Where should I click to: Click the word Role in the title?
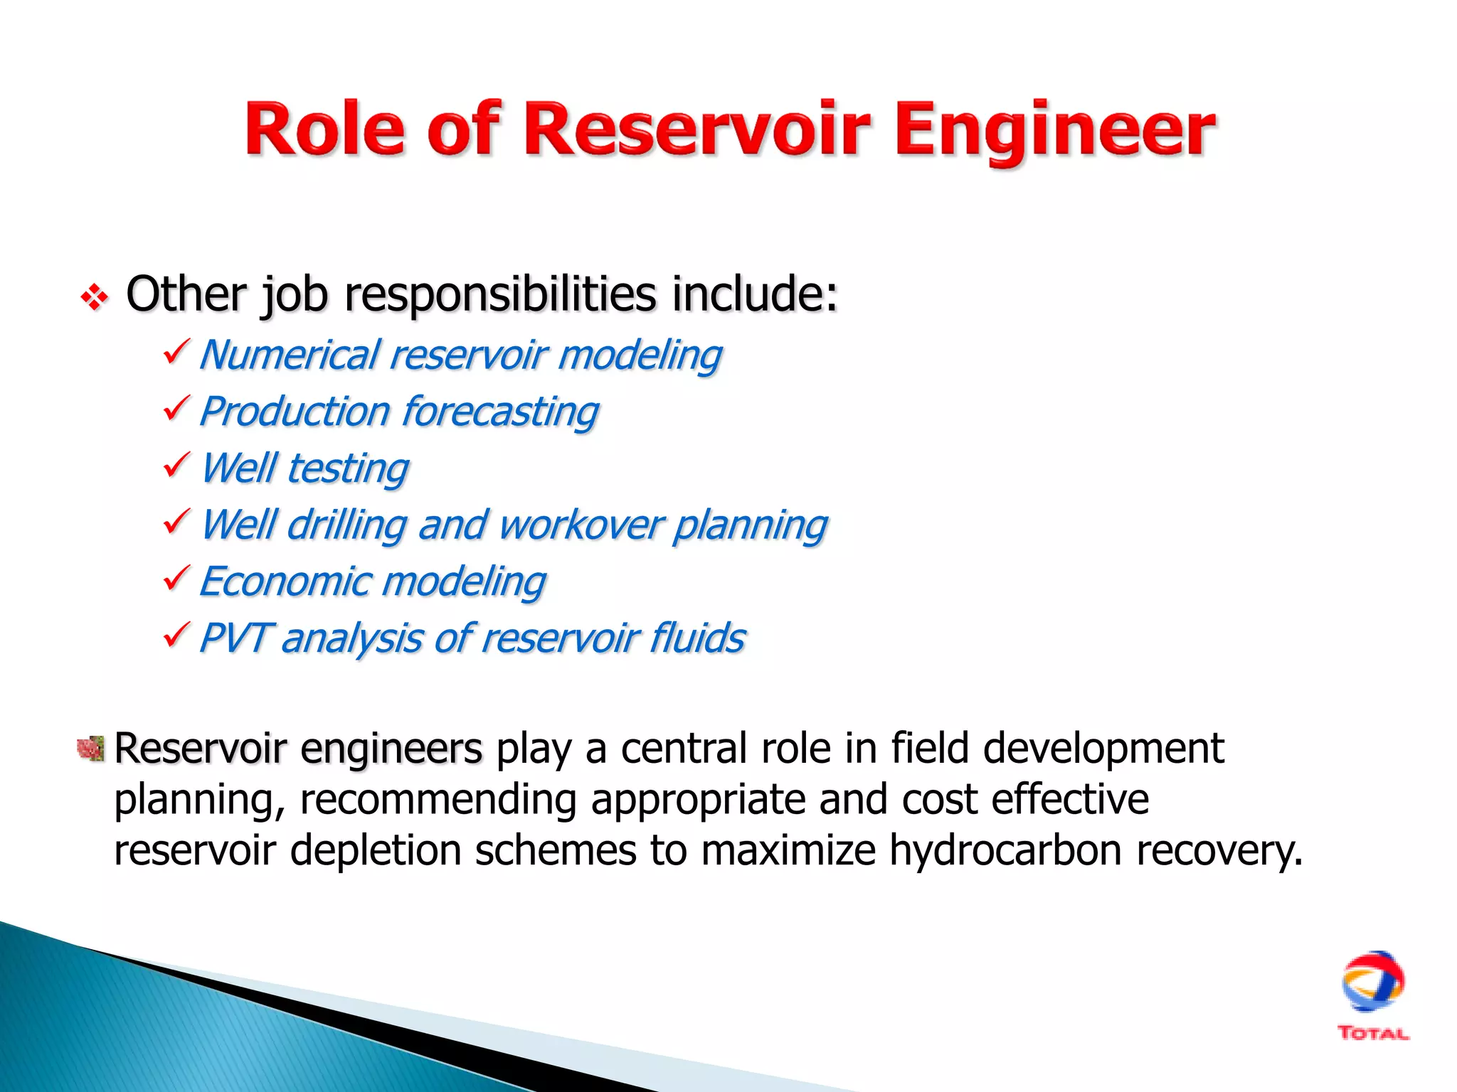point(324,129)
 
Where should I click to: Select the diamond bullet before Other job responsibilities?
point(94,296)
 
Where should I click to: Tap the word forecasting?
point(500,412)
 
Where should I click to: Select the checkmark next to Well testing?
point(176,465)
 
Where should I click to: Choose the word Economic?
point(284,582)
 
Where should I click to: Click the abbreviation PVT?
point(233,638)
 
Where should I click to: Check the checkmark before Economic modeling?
point(176,578)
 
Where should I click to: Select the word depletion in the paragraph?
point(376,850)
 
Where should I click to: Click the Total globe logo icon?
point(1372,982)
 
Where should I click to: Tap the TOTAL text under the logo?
point(1372,1034)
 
